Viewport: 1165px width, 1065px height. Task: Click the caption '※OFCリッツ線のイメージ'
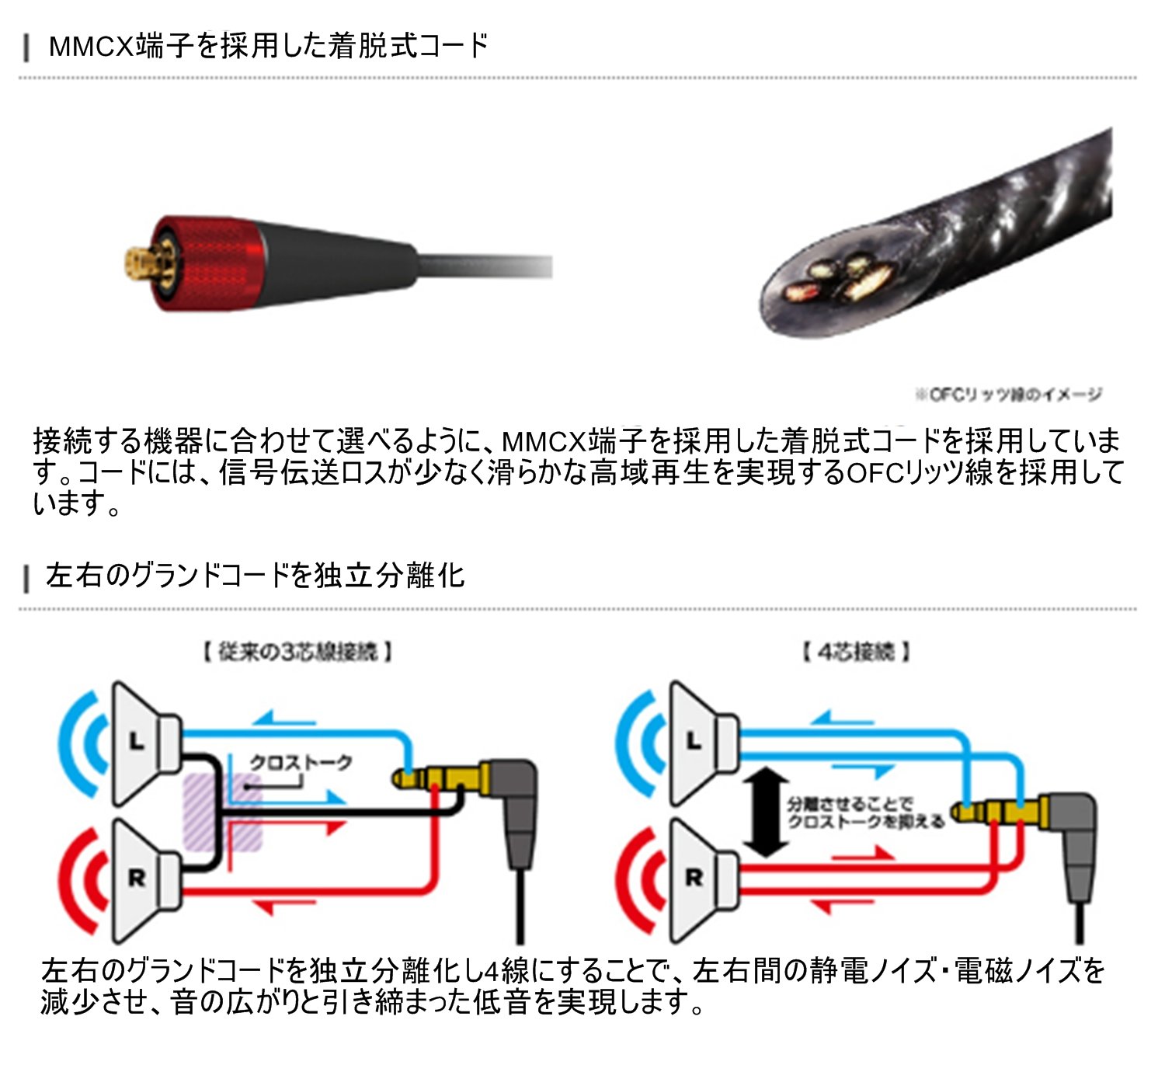pyautogui.click(x=1007, y=395)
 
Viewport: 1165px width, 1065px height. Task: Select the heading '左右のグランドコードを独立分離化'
pyautogui.click(x=255, y=576)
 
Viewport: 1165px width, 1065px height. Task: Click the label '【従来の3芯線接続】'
pyautogui.click(x=297, y=651)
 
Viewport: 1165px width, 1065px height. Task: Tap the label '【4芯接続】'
pyautogui.click(x=855, y=651)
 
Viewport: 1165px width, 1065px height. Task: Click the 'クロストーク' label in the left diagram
pyautogui.click(x=301, y=763)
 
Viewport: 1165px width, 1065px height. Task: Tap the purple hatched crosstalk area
pyautogui.click(x=221, y=812)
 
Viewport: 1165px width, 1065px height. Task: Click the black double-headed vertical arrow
pyautogui.click(x=766, y=812)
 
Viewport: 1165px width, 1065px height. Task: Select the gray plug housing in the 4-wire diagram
pyautogui.click(x=1076, y=847)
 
